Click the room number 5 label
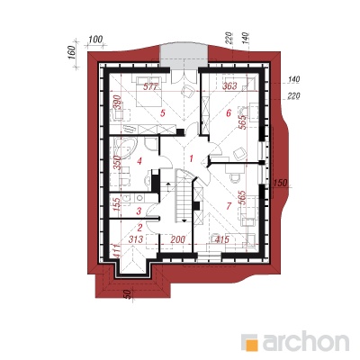(x=163, y=113)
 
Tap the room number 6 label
(x=229, y=113)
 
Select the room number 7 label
(x=229, y=206)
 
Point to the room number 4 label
(x=139, y=161)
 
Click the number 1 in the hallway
(x=191, y=158)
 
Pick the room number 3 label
(x=139, y=211)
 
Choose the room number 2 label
(x=139, y=228)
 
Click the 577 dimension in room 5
(x=150, y=87)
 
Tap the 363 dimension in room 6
(x=229, y=86)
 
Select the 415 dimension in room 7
(x=221, y=239)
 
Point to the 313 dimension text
(x=136, y=239)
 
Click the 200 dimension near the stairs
(x=178, y=239)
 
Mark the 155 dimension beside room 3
(x=118, y=204)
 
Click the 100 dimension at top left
(x=95, y=39)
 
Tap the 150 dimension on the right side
(x=280, y=182)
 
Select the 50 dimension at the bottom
(x=127, y=294)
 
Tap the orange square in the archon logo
(x=251, y=344)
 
